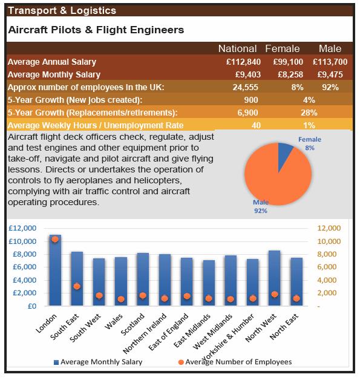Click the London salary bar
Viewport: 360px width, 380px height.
pyautogui.click(x=55, y=270)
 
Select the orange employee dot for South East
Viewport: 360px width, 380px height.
pyautogui.click(x=77, y=286)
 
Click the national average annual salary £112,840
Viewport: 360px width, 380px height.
pyautogui.click(x=243, y=62)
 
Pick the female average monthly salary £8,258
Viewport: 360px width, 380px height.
pyautogui.click(x=290, y=74)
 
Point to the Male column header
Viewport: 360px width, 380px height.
pyautogui.click(x=330, y=48)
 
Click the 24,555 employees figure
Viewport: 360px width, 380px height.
pyautogui.click(x=246, y=87)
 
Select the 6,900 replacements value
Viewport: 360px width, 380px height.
pyautogui.click(x=247, y=113)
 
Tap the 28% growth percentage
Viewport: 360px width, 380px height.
pyautogui.click(x=309, y=113)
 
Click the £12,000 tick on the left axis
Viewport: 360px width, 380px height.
pyautogui.click(x=22, y=228)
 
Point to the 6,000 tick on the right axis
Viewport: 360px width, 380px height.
pyautogui.click(x=327, y=267)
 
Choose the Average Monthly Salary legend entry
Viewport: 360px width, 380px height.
pyautogui.click(x=98, y=362)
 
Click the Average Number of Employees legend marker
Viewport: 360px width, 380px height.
pyautogui.click(x=181, y=362)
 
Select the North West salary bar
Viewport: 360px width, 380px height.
pyautogui.click(x=275, y=278)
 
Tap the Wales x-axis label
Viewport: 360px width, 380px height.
pyautogui.click(x=113, y=322)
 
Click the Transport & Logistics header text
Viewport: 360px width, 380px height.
pyautogui.click(x=62, y=10)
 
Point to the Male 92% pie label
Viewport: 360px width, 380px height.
pyautogui.click(x=261, y=206)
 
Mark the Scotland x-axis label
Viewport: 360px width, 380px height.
pyautogui.click(x=133, y=324)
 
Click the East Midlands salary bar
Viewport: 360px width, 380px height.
pyautogui.click(x=209, y=283)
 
